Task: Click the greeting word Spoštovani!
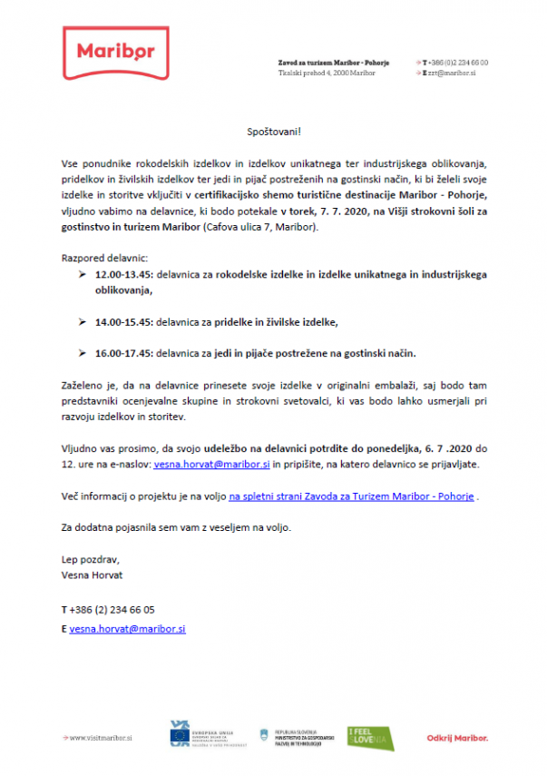click(273, 131)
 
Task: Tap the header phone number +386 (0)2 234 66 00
click(457, 62)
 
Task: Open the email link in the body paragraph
click(211, 465)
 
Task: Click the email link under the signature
click(127, 628)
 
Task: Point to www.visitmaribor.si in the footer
click(101, 738)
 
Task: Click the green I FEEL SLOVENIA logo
click(371, 738)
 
